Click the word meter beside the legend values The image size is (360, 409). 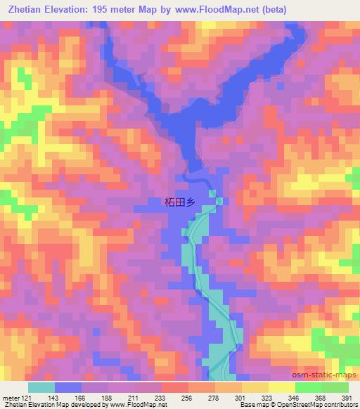click(x=11, y=398)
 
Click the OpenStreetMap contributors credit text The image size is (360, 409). click(x=319, y=405)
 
